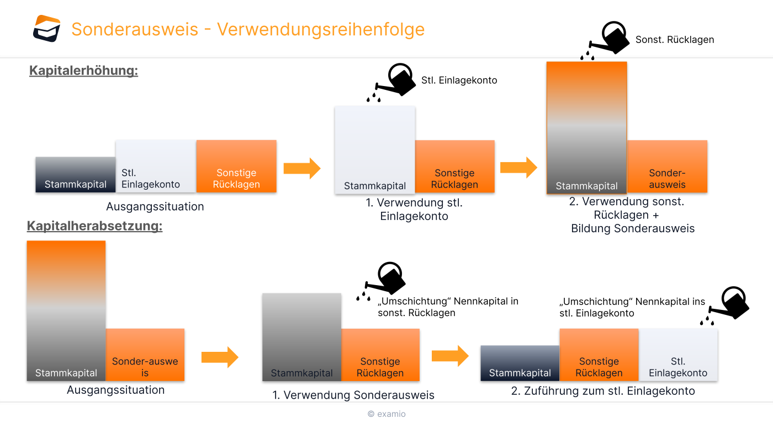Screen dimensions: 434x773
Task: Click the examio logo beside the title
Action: [x=46, y=28]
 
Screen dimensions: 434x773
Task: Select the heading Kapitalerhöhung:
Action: [x=83, y=71]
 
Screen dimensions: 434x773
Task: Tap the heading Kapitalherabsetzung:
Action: [x=94, y=226]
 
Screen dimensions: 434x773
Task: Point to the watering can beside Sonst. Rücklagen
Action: [x=607, y=39]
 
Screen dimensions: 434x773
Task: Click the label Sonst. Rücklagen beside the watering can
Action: [x=675, y=40]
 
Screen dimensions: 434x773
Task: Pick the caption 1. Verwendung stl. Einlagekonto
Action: [x=414, y=210]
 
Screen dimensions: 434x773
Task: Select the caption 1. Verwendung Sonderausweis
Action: [x=353, y=395]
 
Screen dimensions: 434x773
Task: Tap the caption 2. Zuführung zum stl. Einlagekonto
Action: [x=603, y=391]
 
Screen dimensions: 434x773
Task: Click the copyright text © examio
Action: [x=386, y=414]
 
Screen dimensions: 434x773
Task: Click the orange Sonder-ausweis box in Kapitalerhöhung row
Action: [x=667, y=167]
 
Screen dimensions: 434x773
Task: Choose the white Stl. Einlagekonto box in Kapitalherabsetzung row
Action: [x=678, y=355]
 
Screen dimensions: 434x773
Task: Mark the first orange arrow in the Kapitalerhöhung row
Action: [x=301, y=168]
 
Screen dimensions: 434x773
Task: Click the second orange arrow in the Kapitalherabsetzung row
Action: [x=449, y=356]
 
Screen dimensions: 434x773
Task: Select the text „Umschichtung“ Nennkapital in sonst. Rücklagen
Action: [x=448, y=307]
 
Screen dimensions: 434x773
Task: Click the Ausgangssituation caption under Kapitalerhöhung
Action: [x=155, y=207]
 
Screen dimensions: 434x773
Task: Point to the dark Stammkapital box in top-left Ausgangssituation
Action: [x=76, y=175]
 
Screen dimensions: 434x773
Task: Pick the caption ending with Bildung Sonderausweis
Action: [x=632, y=215]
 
